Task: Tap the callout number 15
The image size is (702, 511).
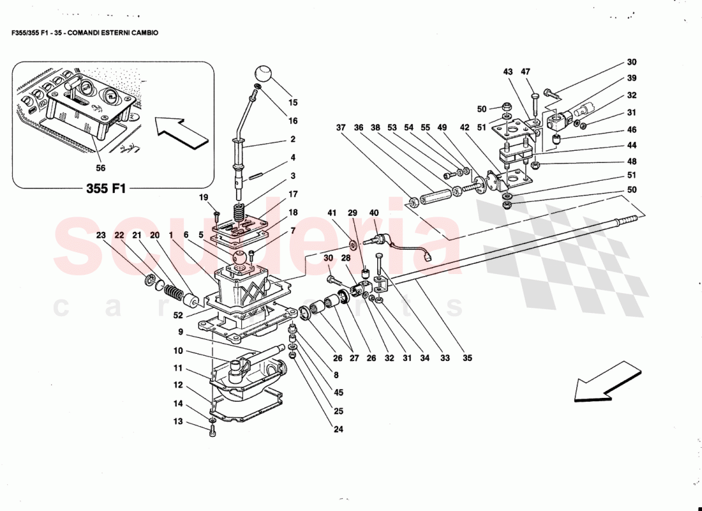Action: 293,102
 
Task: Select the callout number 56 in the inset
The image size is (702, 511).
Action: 101,169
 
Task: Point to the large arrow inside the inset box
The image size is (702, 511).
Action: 183,133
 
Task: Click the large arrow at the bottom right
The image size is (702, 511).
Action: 607,383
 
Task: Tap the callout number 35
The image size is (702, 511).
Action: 467,358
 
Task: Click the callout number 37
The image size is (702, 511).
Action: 342,128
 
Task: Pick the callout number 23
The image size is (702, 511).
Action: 100,235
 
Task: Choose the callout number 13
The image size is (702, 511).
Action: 178,422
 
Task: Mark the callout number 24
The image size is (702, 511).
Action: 338,430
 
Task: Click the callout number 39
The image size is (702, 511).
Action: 631,79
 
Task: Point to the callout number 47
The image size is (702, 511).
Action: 526,72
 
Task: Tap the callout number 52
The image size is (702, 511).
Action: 178,315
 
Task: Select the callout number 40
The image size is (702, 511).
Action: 374,213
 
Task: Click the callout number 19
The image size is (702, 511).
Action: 204,197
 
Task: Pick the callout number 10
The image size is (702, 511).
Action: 178,351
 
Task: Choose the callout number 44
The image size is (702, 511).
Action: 631,146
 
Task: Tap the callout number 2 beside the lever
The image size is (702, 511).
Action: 293,139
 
